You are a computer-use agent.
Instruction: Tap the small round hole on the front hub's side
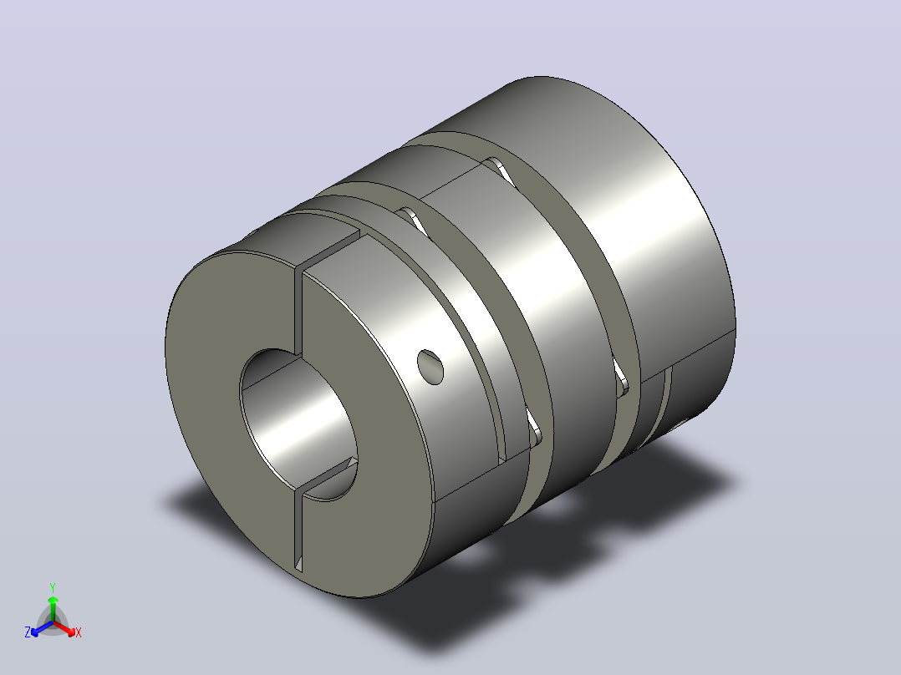430,367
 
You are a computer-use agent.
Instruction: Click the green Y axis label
53,587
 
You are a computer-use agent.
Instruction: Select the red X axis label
79,632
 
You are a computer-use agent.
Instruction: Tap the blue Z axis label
27,632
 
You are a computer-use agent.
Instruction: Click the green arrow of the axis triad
53,609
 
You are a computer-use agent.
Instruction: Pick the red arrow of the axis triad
65,628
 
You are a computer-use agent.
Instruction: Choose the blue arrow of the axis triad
42,628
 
